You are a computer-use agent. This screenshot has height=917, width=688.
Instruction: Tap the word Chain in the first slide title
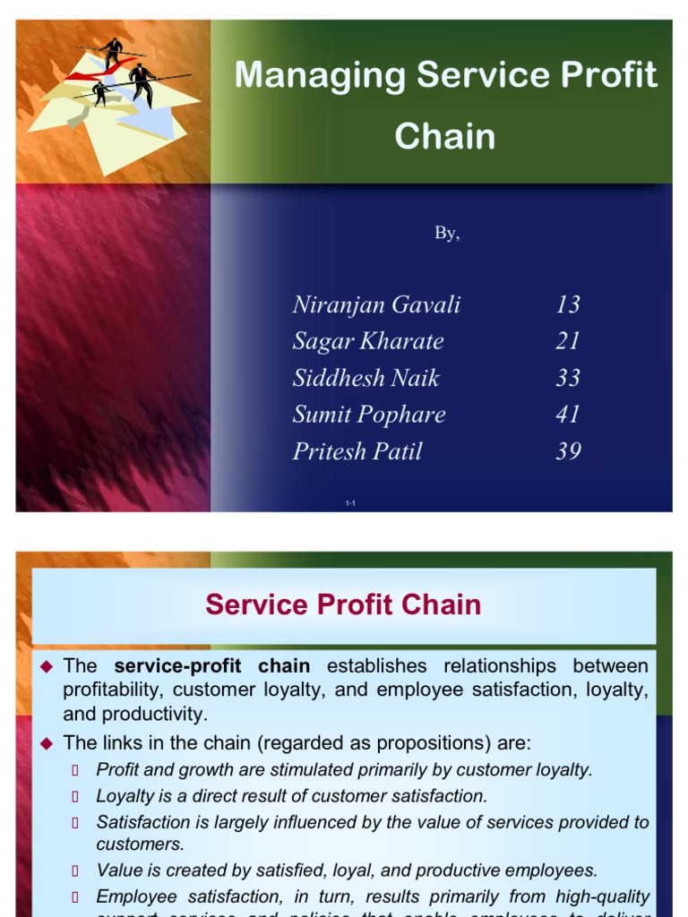pos(444,136)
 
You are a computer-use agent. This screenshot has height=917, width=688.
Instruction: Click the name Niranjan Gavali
pos(376,304)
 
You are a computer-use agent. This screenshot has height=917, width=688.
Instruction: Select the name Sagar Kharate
pos(367,341)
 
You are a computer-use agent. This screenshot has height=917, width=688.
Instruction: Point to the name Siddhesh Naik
pos(365,378)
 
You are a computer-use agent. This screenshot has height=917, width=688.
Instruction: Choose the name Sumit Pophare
pos(368,415)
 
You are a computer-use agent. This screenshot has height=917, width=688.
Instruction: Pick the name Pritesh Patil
pos(357,451)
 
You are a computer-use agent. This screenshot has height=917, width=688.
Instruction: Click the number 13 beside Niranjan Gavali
pos(568,304)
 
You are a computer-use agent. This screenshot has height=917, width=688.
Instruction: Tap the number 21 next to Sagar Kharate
pos(568,341)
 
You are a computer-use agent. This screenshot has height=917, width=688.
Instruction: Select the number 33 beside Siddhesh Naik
pos(568,378)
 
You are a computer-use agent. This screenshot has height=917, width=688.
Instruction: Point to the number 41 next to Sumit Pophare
pos(568,415)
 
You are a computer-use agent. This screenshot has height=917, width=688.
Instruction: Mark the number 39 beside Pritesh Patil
pos(568,451)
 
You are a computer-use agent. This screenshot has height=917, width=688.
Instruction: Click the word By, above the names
pos(447,234)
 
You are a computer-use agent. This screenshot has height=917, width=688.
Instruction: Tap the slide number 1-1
pos(350,504)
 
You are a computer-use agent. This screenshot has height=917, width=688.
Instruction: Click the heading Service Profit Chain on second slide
pos(343,604)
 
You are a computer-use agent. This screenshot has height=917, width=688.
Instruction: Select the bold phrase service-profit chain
pos(212,666)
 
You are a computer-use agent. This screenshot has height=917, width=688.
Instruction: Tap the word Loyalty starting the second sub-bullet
pos(125,795)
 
